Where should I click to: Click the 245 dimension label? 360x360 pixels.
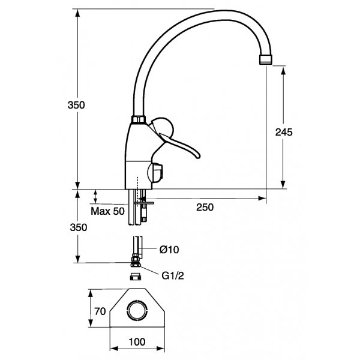click(x=284, y=133)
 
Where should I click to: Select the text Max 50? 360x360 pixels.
click(x=107, y=211)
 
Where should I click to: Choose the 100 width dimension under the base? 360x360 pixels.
click(x=137, y=342)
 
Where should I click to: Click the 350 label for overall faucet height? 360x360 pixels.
click(x=77, y=104)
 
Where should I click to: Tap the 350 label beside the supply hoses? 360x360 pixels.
click(x=79, y=227)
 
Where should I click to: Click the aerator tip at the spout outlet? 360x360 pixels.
click(x=265, y=59)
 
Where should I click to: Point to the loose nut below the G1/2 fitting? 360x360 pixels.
click(x=136, y=277)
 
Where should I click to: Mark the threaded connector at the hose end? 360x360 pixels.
click(x=135, y=262)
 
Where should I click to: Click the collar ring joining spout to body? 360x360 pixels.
click(x=137, y=119)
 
